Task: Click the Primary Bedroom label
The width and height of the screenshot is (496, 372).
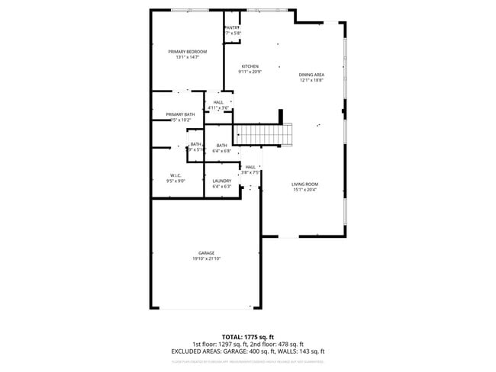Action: (x=187, y=51)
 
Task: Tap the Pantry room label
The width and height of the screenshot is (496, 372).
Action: (x=232, y=27)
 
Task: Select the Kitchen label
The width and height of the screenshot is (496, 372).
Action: (x=250, y=66)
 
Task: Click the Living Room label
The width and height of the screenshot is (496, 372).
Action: (x=304, y=184)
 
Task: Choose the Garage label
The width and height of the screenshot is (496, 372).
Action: (x=206, y=253)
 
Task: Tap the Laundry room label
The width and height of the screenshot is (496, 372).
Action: (x=221, y=181)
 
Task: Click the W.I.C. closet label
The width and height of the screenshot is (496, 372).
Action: (x=175, y=175)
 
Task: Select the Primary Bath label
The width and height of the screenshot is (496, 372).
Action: (x=180, y=114)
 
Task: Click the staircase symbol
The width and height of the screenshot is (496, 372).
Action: (x=263, y=134)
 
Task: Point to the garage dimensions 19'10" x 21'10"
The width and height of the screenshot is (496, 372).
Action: (x=206, y=259)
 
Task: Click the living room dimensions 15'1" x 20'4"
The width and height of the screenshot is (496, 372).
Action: (x=304, y=190)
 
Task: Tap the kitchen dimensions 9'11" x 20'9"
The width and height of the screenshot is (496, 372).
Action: (x=250, y=72)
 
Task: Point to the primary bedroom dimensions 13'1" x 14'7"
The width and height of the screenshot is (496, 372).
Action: (x=187, y=57)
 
